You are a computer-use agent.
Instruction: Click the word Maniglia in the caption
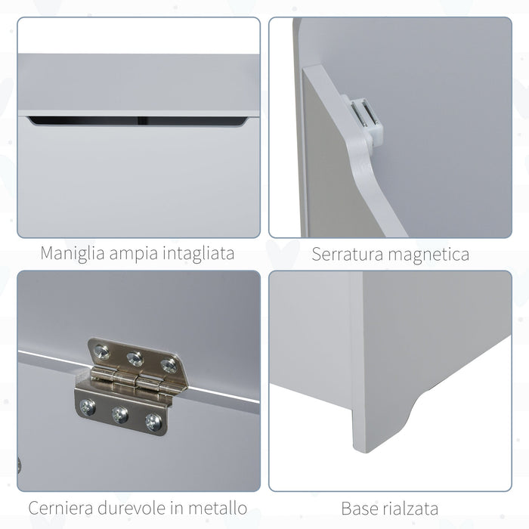73,253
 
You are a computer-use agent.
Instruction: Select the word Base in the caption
360,507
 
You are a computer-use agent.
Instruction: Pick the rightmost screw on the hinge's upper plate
169,366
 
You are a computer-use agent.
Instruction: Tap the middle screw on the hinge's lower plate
119,414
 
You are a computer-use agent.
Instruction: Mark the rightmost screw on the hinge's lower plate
153,422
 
